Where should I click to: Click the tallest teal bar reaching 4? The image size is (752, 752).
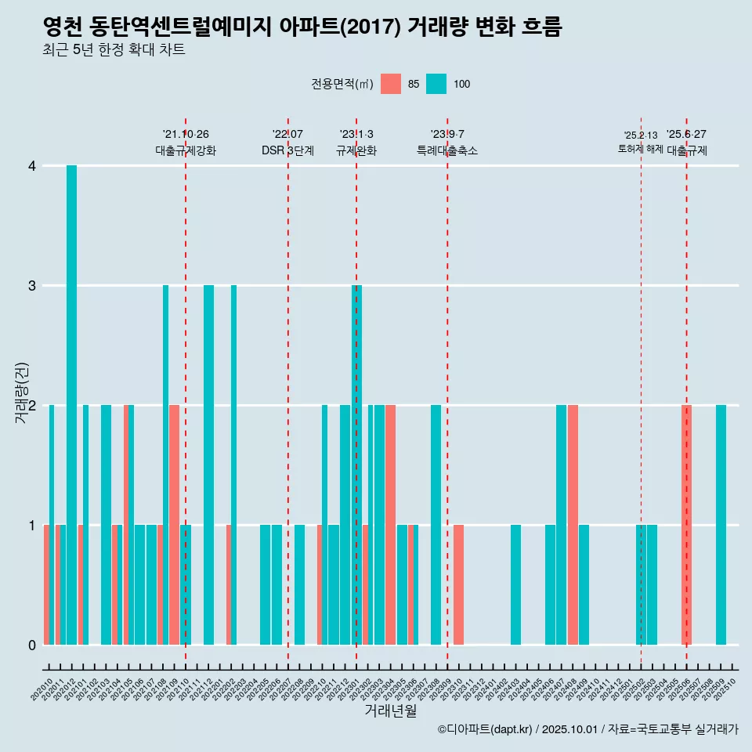(71, 405)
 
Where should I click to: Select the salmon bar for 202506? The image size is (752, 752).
(686, 525)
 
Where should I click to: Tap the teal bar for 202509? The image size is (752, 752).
(721, 525)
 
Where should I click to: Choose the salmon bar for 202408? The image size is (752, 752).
(573, 525)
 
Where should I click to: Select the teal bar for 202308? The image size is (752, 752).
(436, 525)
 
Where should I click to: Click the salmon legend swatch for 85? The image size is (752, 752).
(391, 84)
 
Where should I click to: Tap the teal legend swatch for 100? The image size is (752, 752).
(436, 84)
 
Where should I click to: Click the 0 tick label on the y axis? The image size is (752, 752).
(32, 645)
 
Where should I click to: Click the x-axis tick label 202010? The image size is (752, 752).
(42, 689)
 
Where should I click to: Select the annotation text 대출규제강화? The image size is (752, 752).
(186, 150)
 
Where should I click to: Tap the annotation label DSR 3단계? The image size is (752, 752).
(287, 150)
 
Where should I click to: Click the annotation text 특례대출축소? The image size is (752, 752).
(446, 150)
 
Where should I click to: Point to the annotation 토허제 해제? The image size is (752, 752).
(640, 149)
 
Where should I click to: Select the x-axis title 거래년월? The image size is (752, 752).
(390, 710)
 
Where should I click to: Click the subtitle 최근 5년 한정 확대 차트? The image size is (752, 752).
(114, 50)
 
